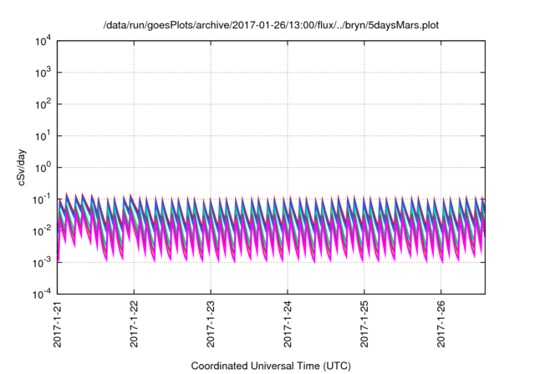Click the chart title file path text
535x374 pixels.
point(271,26)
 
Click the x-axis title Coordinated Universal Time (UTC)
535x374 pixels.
point(271,366)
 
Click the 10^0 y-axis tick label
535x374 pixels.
point(43,167)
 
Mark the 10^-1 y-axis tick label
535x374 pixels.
point(42,199)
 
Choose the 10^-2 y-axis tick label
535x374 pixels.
point(42,230)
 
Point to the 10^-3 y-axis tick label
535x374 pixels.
point(42,262)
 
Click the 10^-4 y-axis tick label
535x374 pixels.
point(42,294)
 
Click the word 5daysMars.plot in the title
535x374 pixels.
point(400,26)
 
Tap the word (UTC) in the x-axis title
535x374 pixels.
point(334,366)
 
